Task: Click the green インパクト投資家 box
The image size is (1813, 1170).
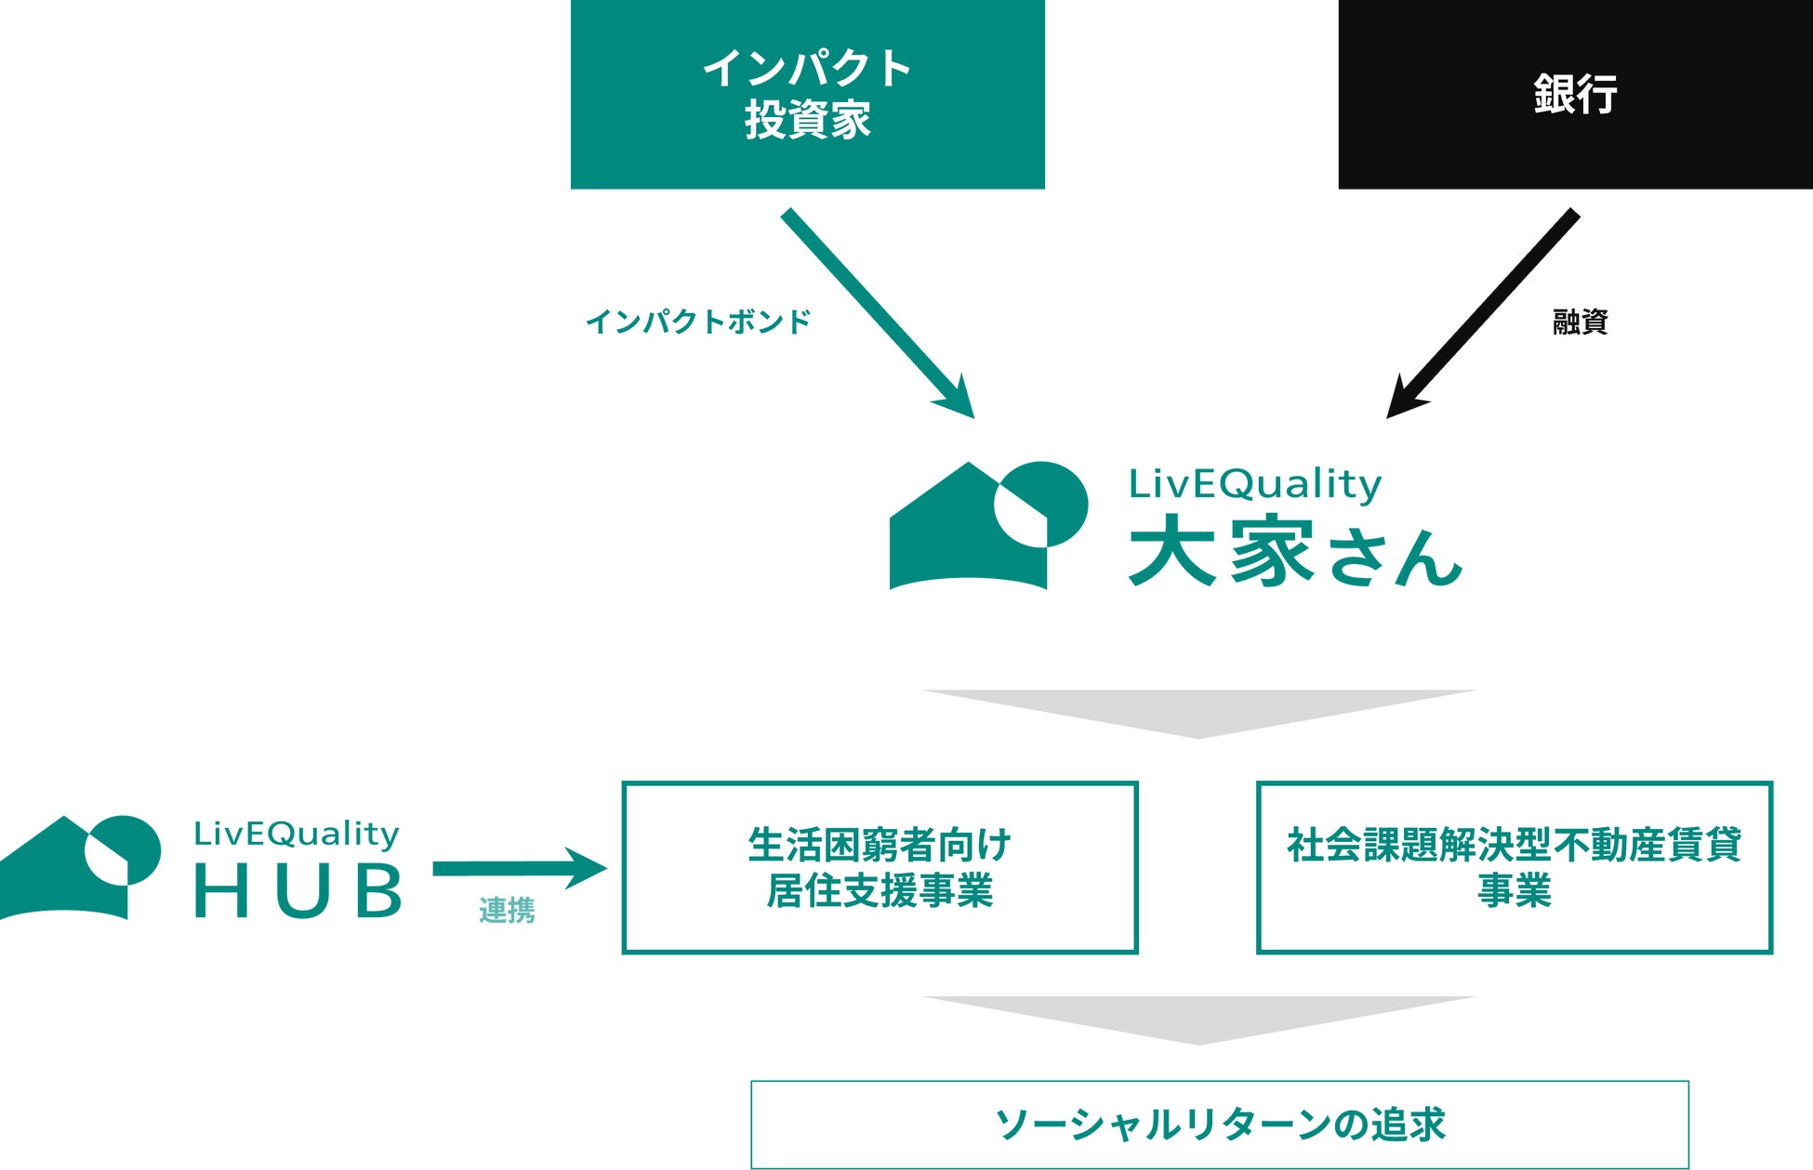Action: (807, 94)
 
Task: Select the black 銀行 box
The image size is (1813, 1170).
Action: (1575, 94)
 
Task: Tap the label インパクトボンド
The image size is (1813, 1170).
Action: (698, 322)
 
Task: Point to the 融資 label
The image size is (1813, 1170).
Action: (1580, 322)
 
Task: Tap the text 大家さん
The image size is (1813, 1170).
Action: (1295, 552)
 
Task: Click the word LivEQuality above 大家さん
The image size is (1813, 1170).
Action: (1254, 483)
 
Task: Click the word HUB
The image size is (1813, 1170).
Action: (298, 890)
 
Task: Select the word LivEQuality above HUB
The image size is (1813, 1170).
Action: (296, 834)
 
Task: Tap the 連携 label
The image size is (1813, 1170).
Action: (507, 911)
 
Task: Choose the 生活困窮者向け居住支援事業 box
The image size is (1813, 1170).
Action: (880, 867)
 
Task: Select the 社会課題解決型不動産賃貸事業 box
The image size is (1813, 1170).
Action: (1514, 867)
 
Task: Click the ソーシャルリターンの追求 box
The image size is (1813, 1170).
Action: (1219, 1124)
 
